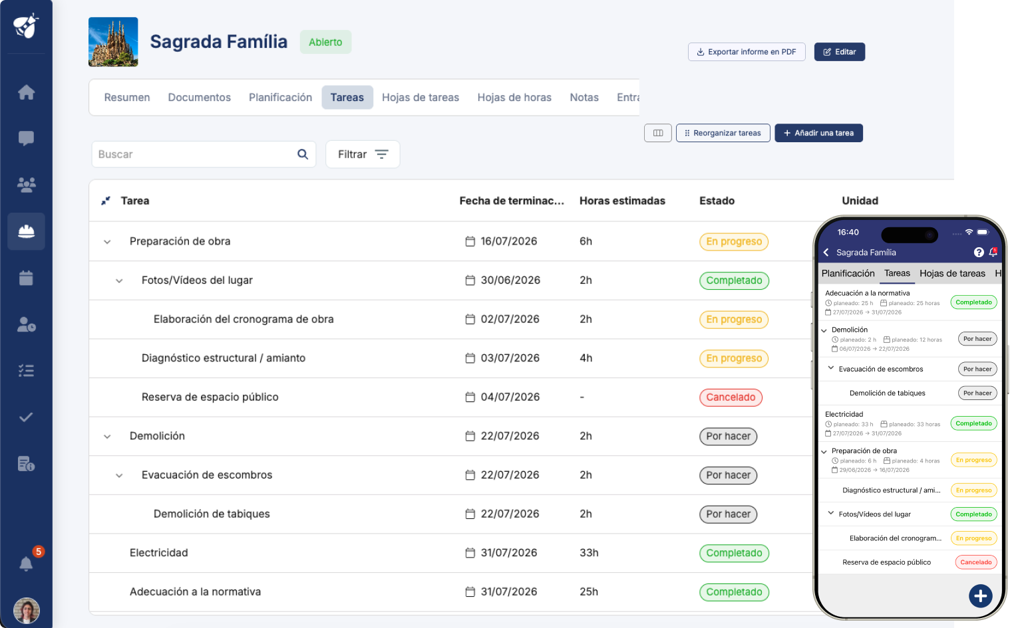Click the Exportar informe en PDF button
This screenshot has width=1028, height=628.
[747, 52]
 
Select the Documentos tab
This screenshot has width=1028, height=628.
[199, 97]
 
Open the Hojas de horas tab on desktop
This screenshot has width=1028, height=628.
[514, 97]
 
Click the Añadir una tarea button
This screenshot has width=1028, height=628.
[818, 133]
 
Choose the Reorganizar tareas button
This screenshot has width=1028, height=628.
[723, 133]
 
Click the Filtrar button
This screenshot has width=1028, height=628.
[363, 154]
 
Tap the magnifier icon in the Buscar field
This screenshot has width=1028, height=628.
[303, 154]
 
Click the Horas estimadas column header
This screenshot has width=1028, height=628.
[622, 201]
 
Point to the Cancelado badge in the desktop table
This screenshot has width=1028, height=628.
[731, 397]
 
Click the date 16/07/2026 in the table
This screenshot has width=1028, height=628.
[508, 241]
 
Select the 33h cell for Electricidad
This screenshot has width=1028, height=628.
[589, 553]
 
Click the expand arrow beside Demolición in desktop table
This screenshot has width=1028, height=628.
[107, 437]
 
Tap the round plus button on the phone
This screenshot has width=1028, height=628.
[980, 596]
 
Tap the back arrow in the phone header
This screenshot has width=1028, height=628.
[826, 252]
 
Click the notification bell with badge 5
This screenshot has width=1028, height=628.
[26, 563]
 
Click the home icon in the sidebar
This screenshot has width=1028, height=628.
[26, 92]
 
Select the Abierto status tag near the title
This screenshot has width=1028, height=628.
[325, 42]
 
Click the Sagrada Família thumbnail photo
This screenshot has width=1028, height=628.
[113, 42]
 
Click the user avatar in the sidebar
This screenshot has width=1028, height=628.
[26, 611]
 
